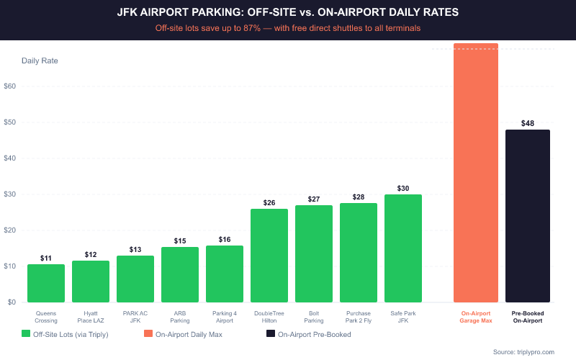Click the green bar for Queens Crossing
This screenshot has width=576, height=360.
click(46, 284)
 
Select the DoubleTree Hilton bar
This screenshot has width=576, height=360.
click(269, 256)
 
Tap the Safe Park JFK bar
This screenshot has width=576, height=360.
click(403, 248)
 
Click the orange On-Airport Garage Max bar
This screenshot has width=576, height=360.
click(476, 173)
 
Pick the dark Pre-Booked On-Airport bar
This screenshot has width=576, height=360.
click(528, 216)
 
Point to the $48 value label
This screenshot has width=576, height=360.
click(528, 123)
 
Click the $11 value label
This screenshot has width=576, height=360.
click(46, 258)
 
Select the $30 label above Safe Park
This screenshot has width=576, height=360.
click(403, 188)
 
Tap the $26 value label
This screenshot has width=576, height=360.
click(269, 202)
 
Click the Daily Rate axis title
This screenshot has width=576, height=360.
click(40, 60)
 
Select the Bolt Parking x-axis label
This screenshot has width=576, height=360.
click(314, 317)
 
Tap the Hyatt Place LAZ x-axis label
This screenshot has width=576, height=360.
click(91, 317)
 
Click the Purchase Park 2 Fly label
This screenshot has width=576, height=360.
click(359, 317)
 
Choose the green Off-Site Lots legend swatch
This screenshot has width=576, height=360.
click(27, 334)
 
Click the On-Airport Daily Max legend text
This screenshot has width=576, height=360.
click(189, 334)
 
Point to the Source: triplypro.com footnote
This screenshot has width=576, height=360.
click(523, 351)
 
